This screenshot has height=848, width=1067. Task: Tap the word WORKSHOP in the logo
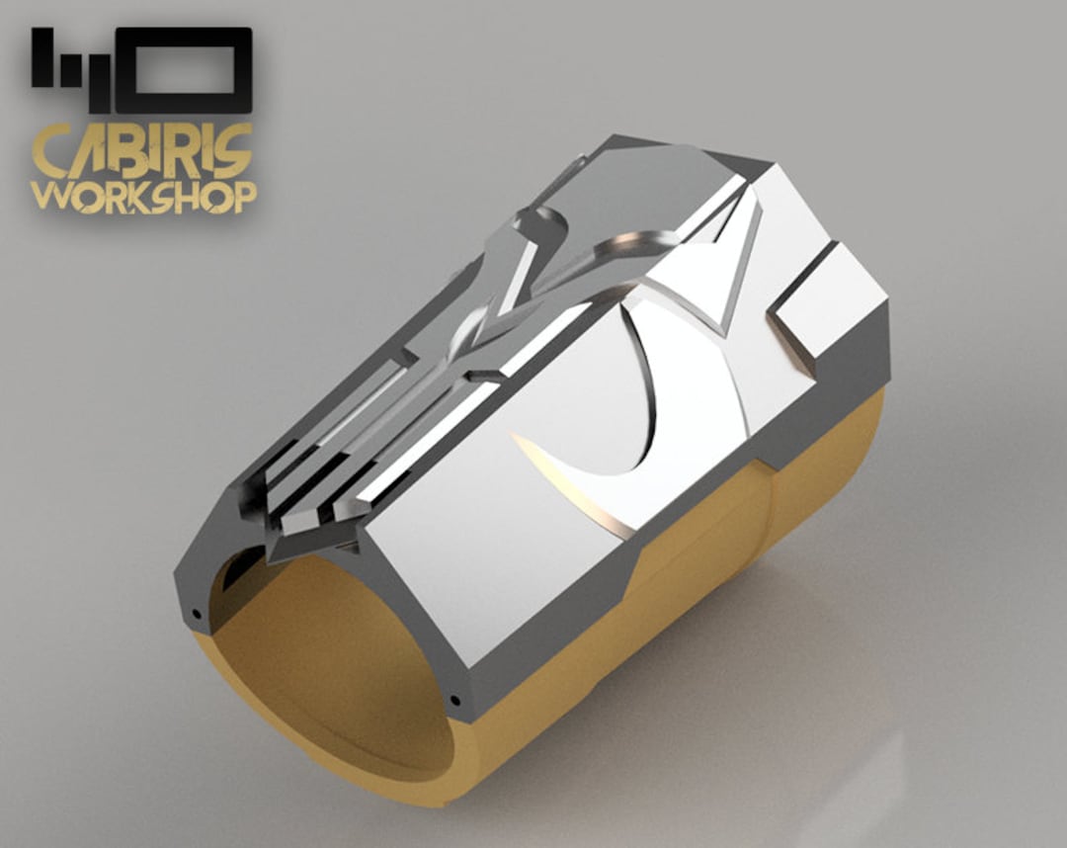click(142, 196)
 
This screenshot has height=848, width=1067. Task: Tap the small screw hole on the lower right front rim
click(455, 701)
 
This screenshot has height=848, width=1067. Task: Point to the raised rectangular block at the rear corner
click(830, 297)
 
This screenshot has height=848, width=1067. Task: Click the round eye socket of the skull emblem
click(541, 229)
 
